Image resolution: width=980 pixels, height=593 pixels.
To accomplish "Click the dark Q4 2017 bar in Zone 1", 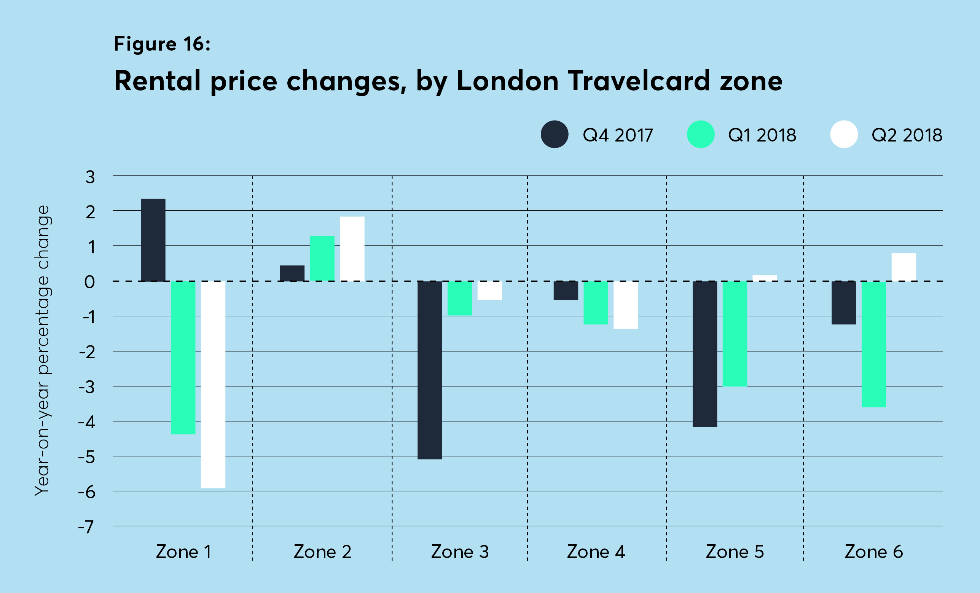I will (x=153, y=240).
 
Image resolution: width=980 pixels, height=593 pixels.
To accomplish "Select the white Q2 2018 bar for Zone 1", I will (x=213, y=384).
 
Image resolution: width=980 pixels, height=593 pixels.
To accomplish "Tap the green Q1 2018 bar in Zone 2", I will (x=322, y=259).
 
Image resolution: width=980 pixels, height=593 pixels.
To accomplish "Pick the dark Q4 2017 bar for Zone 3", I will (x=430, y=370).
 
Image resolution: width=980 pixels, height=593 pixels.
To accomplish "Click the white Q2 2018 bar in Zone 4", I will (x=626, y=305).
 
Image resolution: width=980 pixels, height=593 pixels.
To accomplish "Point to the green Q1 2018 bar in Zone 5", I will (x=735, y=334).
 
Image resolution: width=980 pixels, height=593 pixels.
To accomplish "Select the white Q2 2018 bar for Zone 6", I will (x=904, y=267).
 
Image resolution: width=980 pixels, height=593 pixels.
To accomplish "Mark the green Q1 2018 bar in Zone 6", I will (x=874, y=344).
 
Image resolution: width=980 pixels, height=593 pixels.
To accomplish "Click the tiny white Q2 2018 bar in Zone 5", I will (x=765, y=278).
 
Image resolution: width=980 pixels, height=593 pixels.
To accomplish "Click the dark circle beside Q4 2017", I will (x=555, y=134).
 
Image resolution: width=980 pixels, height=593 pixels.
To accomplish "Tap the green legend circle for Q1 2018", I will (x=700, y=134).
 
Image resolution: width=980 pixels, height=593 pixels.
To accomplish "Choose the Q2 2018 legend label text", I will (x=907, y=135).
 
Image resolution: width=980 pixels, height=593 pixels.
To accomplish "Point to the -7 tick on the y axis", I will (x=86, y=528).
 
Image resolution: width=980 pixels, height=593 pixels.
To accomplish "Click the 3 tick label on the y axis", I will (x=90, y=177).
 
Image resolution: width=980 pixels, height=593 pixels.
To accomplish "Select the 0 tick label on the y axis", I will (x=89, y=282).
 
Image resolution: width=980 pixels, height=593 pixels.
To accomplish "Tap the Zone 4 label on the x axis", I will (x=596, y=552).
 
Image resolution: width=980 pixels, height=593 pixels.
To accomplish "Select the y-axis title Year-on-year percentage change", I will (x=42, y=350).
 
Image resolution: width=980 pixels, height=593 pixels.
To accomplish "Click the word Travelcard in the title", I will (x=639, y=81).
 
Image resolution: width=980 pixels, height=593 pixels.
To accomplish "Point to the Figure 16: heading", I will (x=162, y=44).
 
